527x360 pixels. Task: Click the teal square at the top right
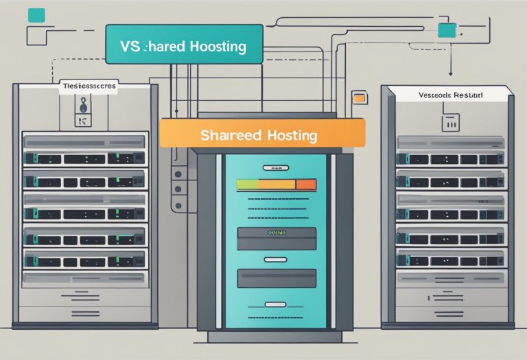click(x=447, y=30)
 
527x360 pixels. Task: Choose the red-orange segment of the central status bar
click(x=306, y=184)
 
